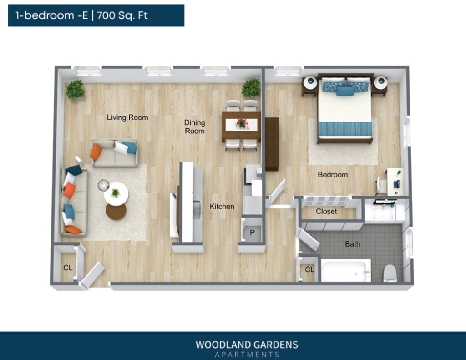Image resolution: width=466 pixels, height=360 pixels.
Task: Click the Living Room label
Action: click(x=127, y=117)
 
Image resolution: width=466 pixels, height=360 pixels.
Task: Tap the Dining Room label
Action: click(x=194, y=127)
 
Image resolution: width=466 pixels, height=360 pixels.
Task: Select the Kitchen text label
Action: click(x=222, y=207)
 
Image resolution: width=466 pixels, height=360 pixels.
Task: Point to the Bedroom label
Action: click(x=333, y=175)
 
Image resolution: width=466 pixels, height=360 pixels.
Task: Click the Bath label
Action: click(x=352, y=244)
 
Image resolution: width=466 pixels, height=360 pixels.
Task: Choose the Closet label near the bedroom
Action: click(x=326, y=212)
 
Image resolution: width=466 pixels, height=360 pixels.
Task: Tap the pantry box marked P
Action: click(x=251, y=233)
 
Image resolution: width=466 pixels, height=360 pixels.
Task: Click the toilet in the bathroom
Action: click(x=390, y=273)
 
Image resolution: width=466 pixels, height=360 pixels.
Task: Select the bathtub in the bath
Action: click(x=346, y=271)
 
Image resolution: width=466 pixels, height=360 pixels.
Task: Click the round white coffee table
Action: click(x=116, y=194)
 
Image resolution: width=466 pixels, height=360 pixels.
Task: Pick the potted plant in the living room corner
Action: click(x=75, y=90)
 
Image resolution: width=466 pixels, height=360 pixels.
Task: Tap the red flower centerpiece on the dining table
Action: click(x=242, y=123)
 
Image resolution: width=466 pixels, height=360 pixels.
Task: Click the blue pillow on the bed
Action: click(x=345, y=91)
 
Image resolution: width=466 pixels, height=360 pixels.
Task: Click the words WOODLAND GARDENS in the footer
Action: click(x=247, y=345)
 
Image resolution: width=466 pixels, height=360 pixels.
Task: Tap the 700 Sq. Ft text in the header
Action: click(x=122, y=15)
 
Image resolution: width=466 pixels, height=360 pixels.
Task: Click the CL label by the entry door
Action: click(x=68, y=268)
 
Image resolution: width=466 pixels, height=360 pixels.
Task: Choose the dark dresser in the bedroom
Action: click(x=272, y=144)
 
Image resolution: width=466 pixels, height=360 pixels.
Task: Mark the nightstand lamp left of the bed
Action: click(x=310, y=83)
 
